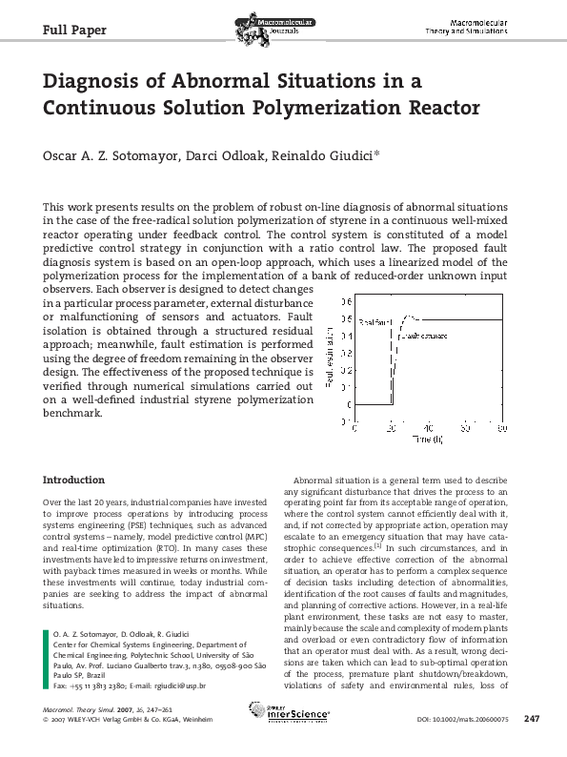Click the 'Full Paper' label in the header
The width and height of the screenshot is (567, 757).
pos(75,30)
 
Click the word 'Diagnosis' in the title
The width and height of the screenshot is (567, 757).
pos(108,82)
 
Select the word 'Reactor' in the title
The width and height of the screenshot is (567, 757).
pos(440,107)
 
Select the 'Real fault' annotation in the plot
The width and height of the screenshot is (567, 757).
pos(375,325)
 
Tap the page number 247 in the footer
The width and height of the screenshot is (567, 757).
pos(533,718)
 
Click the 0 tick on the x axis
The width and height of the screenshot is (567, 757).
pos(354,429)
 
